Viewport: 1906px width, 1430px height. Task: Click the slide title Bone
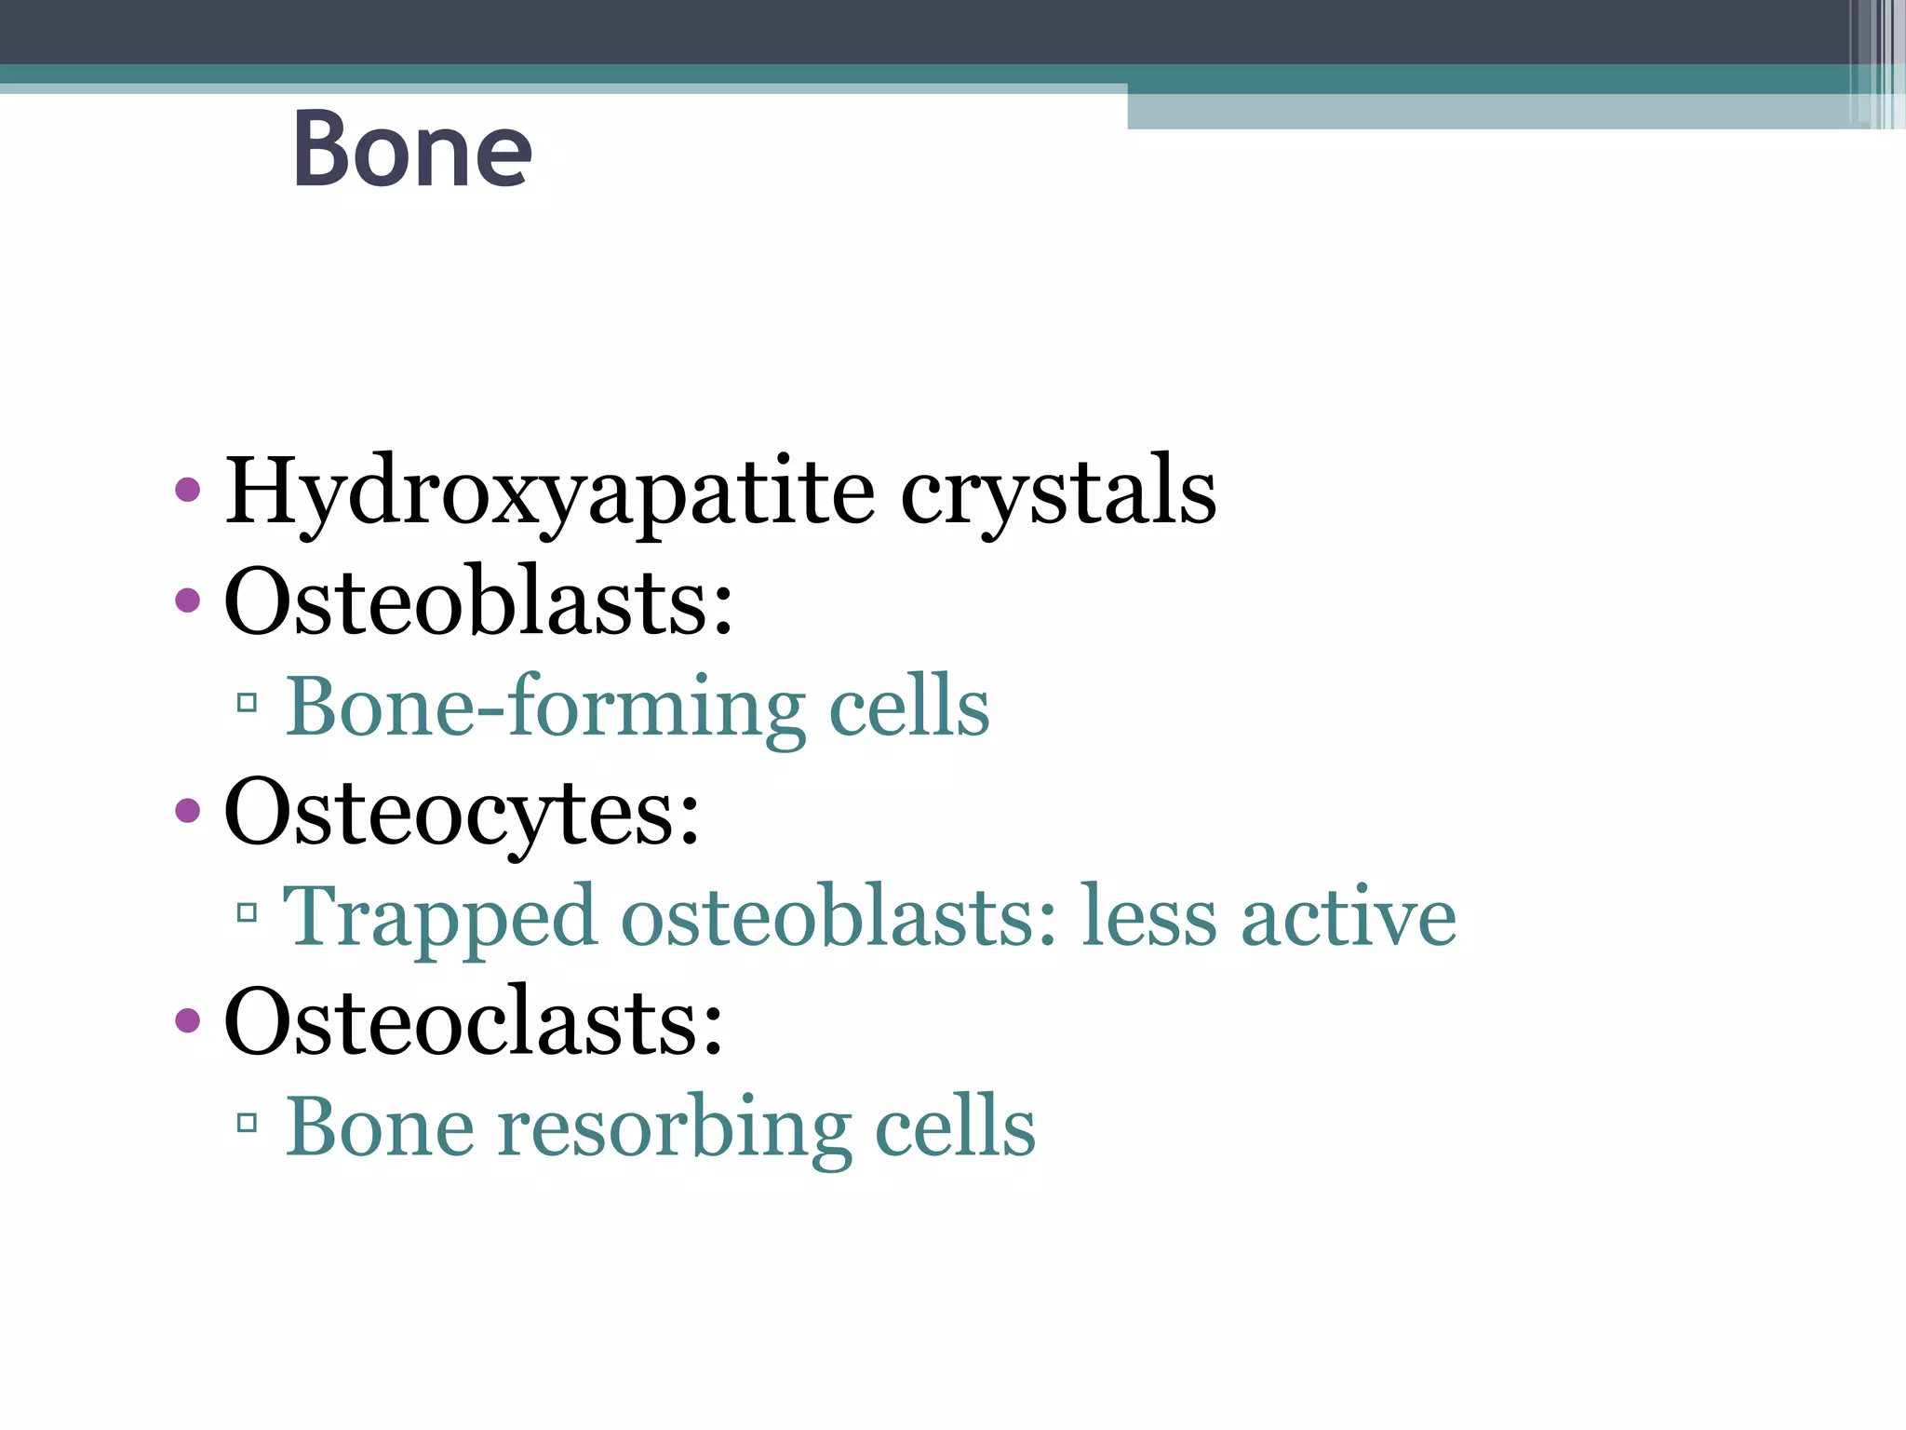pyautogui.click(x=411, y=149)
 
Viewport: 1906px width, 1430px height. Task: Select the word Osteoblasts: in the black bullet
pyautogui.click(x=478, y=601)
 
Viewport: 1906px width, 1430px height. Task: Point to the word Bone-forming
pyautogui.click(x=545, y=708)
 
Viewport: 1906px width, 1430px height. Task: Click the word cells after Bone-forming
pyautogui.click(x=909, y=708)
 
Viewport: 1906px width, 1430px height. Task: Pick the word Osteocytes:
pyautogui.click(x=462, y=813)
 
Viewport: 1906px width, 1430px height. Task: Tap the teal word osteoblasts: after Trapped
pyautogui.click(x=839, y=918)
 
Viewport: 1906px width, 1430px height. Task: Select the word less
pyautogui.click(x=1149, y=918)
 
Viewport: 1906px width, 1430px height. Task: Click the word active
pyautogui.click(x=1349, y=918)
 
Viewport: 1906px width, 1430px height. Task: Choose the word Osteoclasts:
pyautogui.click(x=474, y=1022)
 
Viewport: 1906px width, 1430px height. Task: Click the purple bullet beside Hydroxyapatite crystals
pyautogui.click(x=187, y=490)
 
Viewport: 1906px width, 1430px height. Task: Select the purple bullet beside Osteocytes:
pyautogui.click(x=187, y=811)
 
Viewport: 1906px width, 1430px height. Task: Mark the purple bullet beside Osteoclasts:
pyautogui.click(x=187, y=1020)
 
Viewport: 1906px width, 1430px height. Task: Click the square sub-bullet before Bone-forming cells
pyautogui.click(x=247, y=703)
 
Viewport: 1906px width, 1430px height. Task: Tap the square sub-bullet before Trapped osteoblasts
pyautogui.click(x=247, y=912)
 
